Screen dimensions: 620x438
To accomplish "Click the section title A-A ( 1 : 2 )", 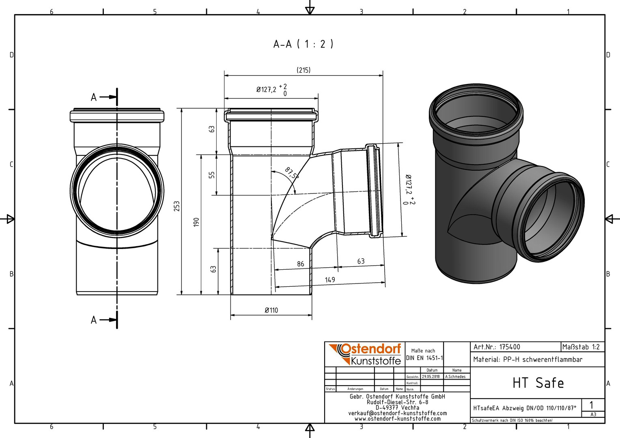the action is [304, 44].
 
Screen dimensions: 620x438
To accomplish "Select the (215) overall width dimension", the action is [304, 70].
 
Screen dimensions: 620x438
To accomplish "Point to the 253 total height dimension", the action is [177, 206].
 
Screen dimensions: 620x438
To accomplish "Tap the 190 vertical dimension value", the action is [196, 222].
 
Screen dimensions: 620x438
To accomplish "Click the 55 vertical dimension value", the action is [212, 175].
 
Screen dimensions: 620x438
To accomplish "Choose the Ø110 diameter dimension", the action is [271, 310].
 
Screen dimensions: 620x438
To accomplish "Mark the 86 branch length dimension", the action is [301, 264].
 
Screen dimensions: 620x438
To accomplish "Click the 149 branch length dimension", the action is [330, 280].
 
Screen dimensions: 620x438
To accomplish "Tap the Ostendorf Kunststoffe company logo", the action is [365, 354].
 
